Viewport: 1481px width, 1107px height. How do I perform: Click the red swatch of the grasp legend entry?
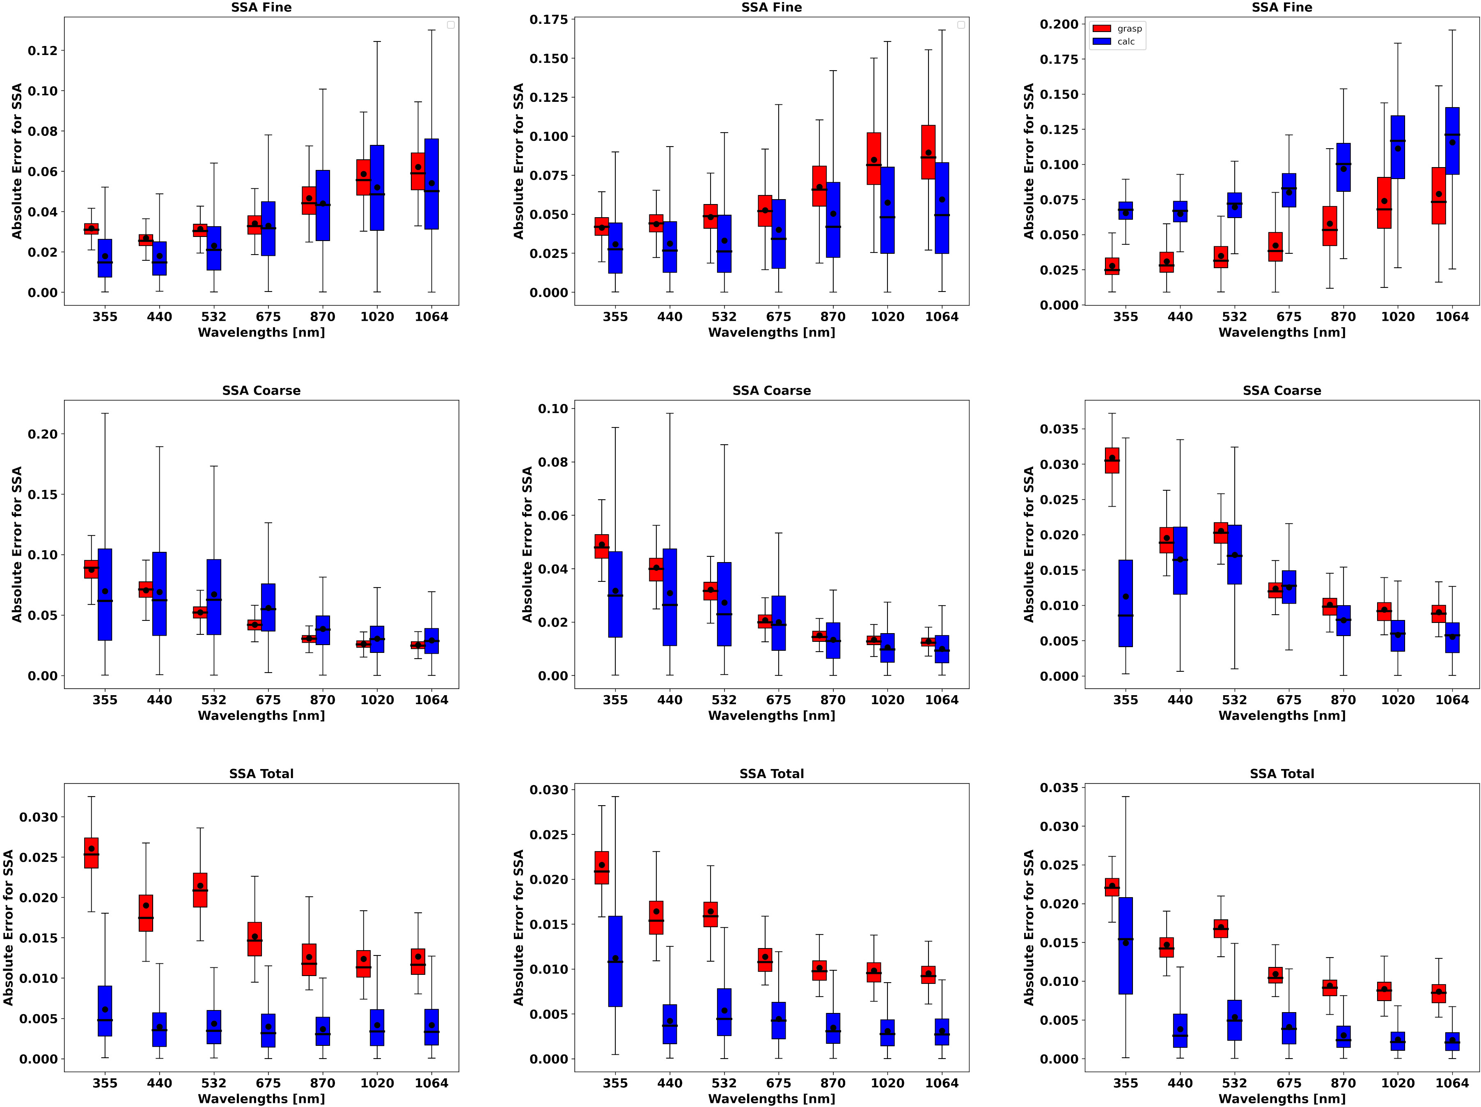pyautogui.click(x=1101, y=29)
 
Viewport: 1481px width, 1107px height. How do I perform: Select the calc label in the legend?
pyautogui.click(x=1126, y=41)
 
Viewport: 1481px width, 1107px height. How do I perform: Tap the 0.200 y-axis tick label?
pyautogui.click(x=1059, y=25)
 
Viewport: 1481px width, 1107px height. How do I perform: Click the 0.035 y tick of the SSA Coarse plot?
pyautogui.click(x=1059, y=429)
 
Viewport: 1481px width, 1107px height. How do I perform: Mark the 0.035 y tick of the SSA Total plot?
pyautogui.click(x=1059, y=788)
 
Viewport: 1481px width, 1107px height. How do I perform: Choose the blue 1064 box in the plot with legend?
pyautogui.click(x=1452, y=141)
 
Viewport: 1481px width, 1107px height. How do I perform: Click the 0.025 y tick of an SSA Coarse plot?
pyautogui.click(x=1059, y=500)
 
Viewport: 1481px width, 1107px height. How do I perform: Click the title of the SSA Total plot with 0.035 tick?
pyautogui.click(x=1282, y=774)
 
